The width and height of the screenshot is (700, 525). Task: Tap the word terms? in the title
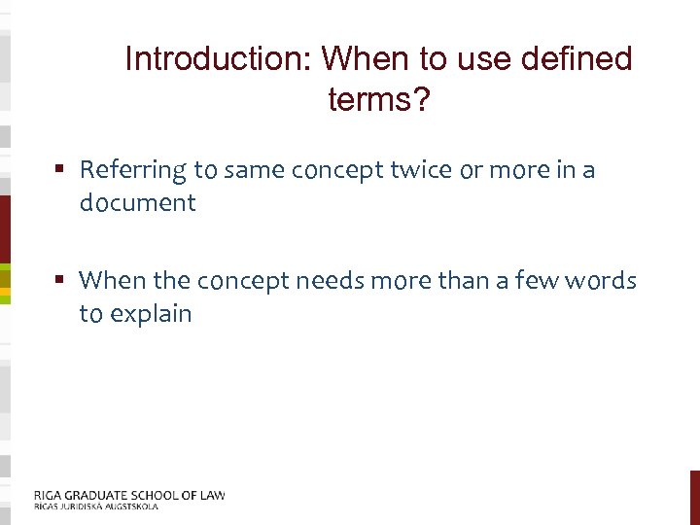point(379,99)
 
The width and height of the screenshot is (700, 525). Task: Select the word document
point(138,203)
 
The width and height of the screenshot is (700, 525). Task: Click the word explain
point(150,314)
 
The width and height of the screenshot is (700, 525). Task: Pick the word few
point(527,282)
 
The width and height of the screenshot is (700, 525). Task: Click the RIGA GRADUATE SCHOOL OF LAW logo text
point(128,495)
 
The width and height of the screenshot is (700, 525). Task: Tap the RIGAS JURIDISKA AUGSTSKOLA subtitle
point(95,507)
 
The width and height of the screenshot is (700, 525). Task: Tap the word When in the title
point(360,60)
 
